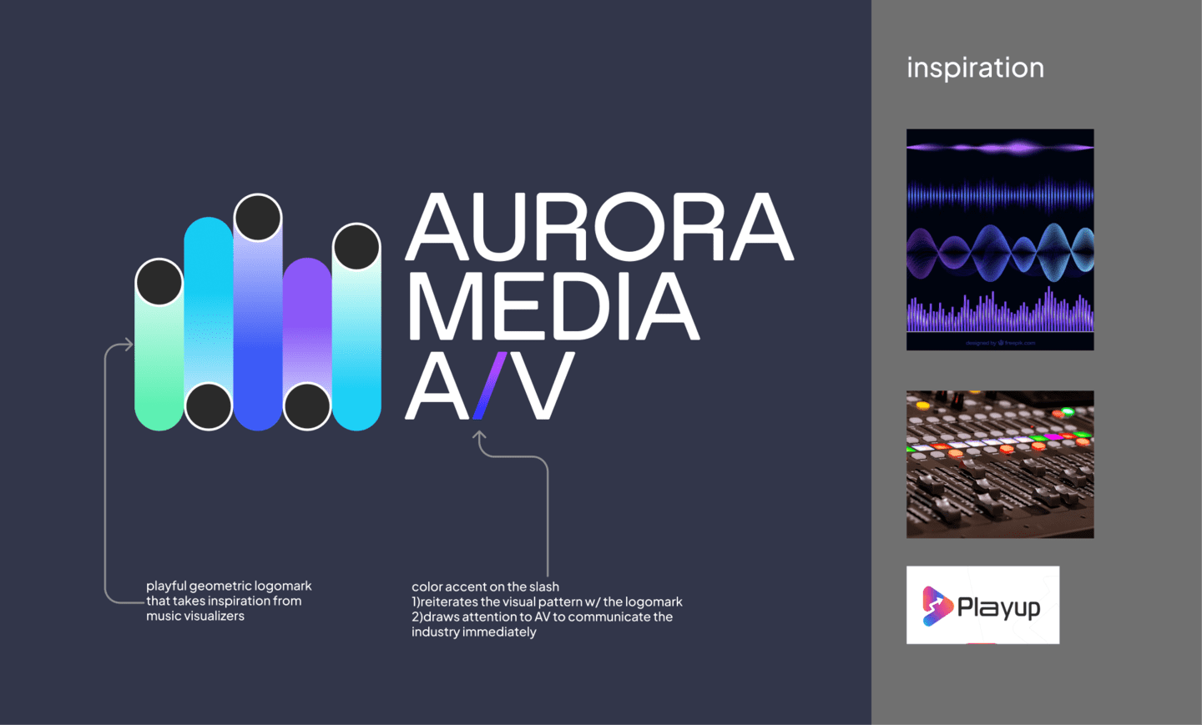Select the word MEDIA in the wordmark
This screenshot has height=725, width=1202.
pos(552,306)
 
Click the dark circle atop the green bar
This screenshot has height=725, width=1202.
pos(159,282)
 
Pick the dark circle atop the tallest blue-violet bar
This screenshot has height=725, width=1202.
pos(258,218)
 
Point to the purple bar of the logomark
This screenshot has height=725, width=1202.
pos(307,325)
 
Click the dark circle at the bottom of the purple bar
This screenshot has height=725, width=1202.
pos(307,406)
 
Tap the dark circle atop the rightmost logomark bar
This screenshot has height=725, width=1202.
pos(356,247)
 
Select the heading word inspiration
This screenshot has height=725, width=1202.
pos(975,68)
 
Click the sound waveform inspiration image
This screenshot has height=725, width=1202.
pos(1000,239)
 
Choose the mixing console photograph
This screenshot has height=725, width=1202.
pos(1000,465)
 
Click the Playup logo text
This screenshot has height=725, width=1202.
pos(999,607)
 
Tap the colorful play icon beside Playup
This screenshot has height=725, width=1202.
pos(937,606)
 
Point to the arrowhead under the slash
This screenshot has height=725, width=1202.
pos(479,436)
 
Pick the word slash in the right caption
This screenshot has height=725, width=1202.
pos(544,587)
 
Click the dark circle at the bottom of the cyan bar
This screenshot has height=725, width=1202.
pos(209,406)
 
